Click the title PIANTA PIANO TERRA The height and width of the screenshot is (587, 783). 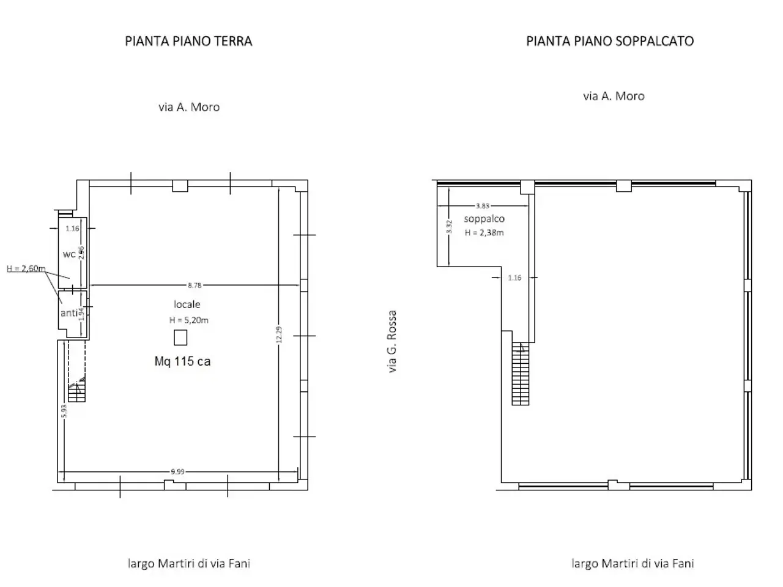coord(188,42)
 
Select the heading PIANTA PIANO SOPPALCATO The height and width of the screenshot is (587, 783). coord(610,42)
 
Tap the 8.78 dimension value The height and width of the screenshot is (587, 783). coord(195,285)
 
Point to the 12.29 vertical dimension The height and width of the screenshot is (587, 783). coord(279,334)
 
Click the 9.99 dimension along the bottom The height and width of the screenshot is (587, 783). coord(177,472)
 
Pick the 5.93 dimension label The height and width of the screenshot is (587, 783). coord(64,411)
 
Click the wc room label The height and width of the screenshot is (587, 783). coord(69,254)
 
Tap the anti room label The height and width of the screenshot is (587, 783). coord(69,313)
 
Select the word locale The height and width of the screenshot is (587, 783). coord(187,305)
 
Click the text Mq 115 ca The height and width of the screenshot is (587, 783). coord(182,361)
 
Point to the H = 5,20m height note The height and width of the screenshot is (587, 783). coord(188,320)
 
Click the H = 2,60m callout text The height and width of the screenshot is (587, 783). coord(26,268)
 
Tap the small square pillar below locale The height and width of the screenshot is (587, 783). coord(180,338)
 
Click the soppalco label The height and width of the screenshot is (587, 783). coord(484,219)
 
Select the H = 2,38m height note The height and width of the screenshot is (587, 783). coord(484,233)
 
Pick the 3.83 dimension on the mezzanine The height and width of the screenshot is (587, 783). coord(482,206)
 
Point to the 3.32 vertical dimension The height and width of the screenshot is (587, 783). coord(449,227)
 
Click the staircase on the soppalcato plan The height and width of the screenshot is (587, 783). coord(521,374)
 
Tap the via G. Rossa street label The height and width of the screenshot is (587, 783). coord(392,341)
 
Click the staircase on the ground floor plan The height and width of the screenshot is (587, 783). coord(76,389)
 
